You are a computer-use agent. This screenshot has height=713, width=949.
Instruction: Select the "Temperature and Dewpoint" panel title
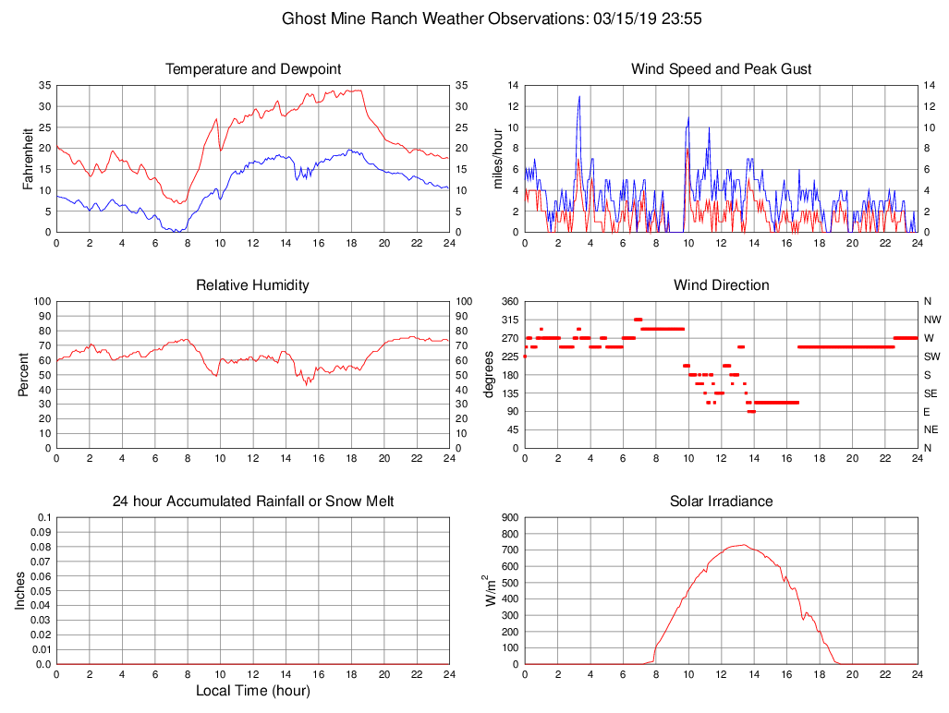point(253,69)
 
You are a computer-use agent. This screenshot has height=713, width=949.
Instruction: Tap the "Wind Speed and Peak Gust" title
point(721,69)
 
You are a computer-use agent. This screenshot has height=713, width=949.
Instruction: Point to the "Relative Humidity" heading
point(253,285)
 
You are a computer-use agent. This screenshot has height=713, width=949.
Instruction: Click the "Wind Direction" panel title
point(721,285)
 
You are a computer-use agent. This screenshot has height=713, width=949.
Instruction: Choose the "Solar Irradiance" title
point(721,502)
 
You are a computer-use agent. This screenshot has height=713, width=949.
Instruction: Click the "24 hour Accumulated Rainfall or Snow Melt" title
point(253,502)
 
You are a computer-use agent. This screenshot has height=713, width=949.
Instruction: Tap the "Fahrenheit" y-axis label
point(29,158)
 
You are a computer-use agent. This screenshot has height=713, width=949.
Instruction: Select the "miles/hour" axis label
point(497,158)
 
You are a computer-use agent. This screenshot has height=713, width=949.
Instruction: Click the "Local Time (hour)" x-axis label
point(253,691)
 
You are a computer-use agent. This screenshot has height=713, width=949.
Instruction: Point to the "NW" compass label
point(931,320)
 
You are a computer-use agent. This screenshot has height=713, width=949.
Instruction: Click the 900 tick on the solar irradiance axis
point(510,517)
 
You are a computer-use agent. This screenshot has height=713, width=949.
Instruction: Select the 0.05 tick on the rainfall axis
point(41,591)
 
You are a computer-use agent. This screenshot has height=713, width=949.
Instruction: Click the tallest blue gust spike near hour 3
point(579,96)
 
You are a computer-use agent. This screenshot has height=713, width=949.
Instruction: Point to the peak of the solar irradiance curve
point(743,545)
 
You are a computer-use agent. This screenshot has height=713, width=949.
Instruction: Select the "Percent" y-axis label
point(23,374)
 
